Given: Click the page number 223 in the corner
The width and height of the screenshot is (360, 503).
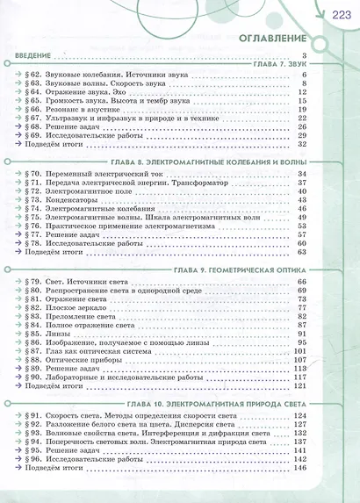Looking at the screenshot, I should point(342,11).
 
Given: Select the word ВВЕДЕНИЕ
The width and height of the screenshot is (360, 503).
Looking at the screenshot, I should point(34,56).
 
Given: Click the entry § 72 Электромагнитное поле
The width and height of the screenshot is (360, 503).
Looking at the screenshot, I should point(79,191).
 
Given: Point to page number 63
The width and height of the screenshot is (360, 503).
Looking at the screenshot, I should point(300,252).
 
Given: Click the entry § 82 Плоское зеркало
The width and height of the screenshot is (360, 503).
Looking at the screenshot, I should point(70,308).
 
